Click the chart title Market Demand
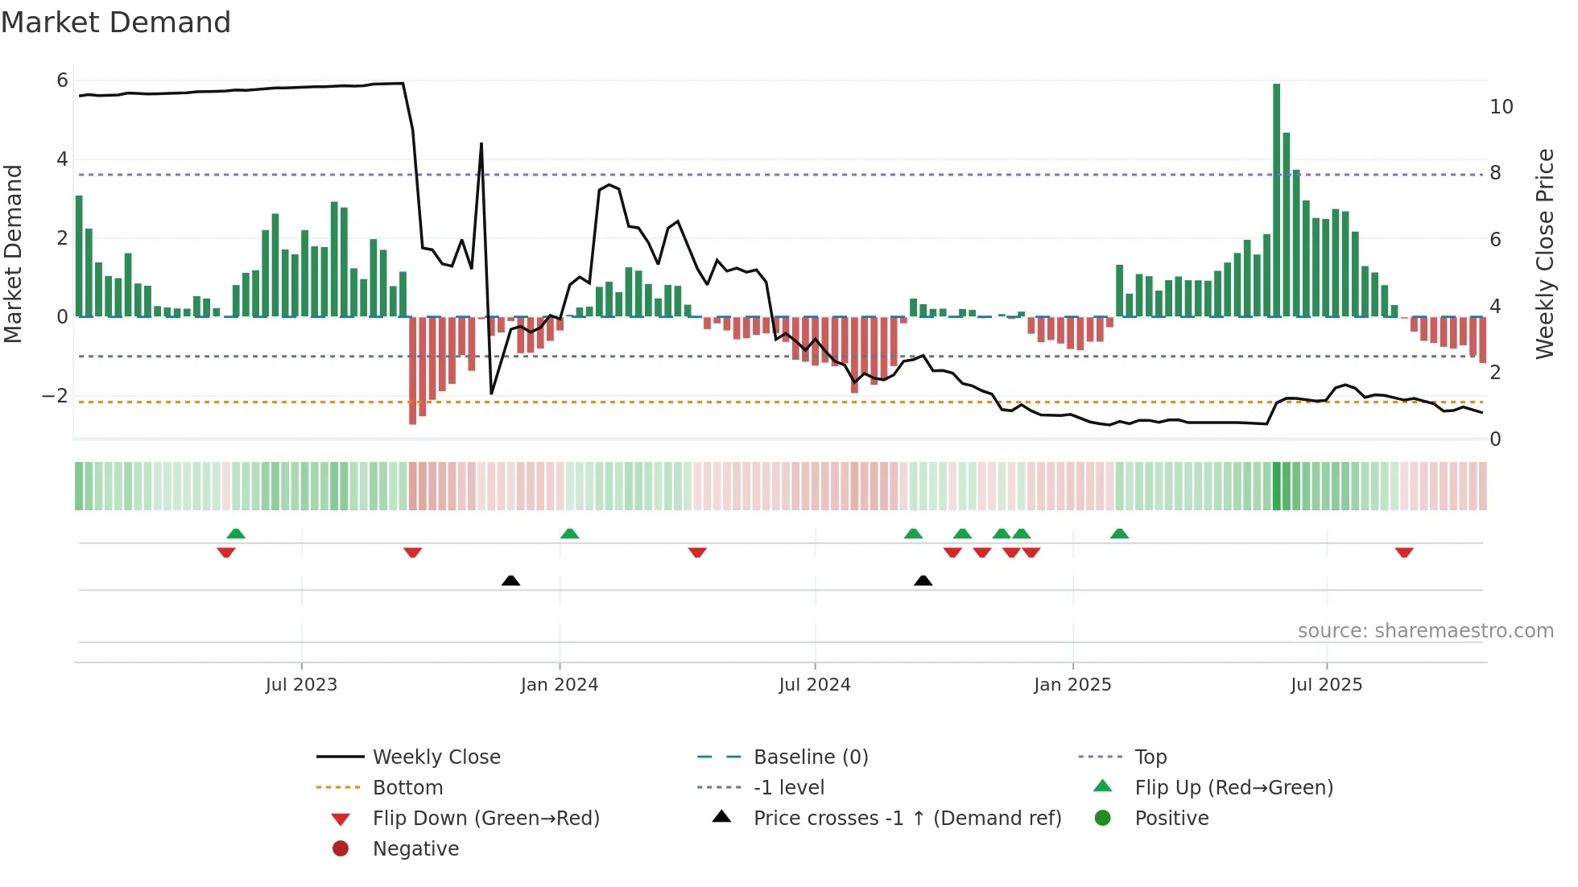[116, 23]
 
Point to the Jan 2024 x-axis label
[560, 685]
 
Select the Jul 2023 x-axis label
[301, 685]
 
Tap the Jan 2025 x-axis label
[1072, 685]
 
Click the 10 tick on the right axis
[1502, 107]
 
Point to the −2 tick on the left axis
[55, 396]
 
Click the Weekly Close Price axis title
[1544, 254]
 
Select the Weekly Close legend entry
[436, 757]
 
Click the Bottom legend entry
[407, 788]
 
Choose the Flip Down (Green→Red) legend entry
[485, 819]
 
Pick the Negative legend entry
[415, 849]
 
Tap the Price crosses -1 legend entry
[907, 819]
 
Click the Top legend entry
[1150, 757]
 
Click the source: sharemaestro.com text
[1425, 631]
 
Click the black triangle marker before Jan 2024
[510, 580]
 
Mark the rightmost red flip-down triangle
[1404, 552]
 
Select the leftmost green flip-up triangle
[236, 534]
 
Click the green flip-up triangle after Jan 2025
[1119, 534]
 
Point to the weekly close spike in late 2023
[481, 145]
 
